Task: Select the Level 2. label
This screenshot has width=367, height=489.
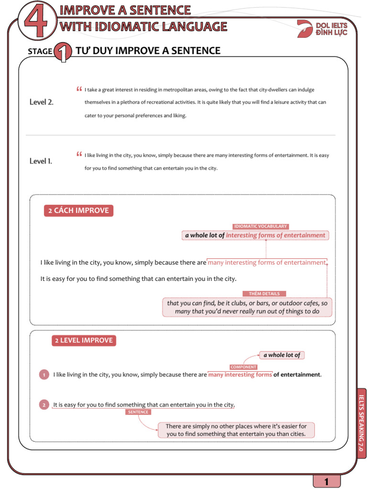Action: point(41,102)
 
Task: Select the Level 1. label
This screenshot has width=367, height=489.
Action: point(41,161)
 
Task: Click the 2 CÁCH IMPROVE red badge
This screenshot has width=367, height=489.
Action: point(78,211)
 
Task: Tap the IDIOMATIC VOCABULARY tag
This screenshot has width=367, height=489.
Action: point(260,226)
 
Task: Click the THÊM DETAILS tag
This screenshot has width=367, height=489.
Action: point(264,294)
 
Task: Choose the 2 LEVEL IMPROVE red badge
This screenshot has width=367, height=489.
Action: point(84,340)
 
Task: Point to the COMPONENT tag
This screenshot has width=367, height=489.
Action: point(244,367)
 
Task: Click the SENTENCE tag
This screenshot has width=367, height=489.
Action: point(138,412)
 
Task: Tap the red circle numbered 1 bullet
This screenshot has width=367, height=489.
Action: point(43,375)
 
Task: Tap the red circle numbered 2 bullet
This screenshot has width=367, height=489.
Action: point(43,405)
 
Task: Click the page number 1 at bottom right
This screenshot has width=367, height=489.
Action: point(326,482)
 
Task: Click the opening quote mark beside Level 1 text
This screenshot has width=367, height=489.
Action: point(79,154)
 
